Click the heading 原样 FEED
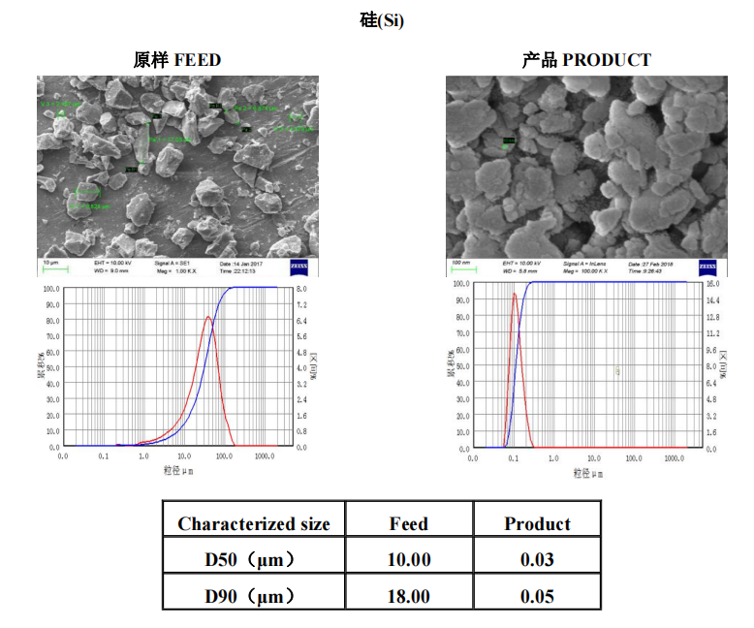point(176,60)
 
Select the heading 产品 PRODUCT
point(586,60)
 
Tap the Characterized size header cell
point(254,524)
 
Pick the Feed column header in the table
point(408,524)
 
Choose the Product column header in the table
point(537,524)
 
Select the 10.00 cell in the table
point(408,560)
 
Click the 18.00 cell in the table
point(408,596)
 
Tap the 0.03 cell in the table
point(537,560)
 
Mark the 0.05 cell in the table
point(537,596)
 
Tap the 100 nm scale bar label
point(458,263)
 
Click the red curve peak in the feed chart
point(207,317)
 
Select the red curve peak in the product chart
point(514,294)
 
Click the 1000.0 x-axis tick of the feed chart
point(265,455)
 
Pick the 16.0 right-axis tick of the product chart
point(713,285)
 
